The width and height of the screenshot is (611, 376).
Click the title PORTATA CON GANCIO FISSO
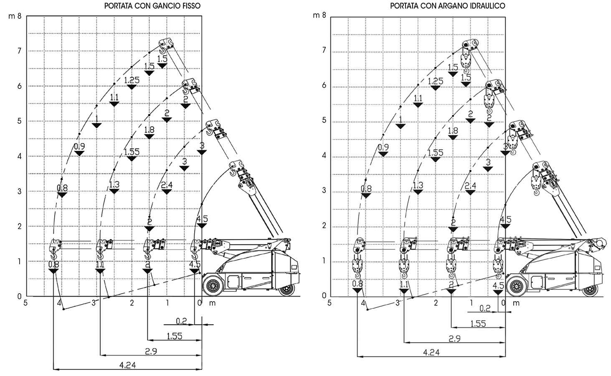pyautogui.click(x=153, y=6)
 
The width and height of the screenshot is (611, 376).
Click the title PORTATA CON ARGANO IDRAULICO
pyautogui.click(x=448, y=6)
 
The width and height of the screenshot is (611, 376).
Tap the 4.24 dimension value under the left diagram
pyautogui.click(x=127, y=364)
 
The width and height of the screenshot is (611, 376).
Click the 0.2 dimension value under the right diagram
pyautogui.click(x=485, y=308)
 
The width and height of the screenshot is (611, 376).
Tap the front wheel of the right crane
pyautogui.click(x=516, y=287)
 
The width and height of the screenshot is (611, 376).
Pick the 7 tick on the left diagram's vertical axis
pyautogui.click(x=19, y=51)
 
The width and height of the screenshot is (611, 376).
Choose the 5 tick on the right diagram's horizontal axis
pyautogui.click(x=330, y=302)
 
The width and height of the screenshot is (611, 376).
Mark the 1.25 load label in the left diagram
pyautogui.click(x=132, y=80)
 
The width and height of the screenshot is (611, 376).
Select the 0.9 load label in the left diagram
pyautogui.click(x=79, y=146)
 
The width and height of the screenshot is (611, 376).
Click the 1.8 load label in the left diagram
pyautogui.click(x=149, y=130)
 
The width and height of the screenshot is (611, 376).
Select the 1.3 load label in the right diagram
pyautogui.click(x=418, y=185)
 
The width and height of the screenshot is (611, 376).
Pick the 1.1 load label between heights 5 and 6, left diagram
pyautogui.click(x=114, y=97)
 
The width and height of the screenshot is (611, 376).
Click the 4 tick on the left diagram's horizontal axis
pyautogui.click(x=59, y=302)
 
